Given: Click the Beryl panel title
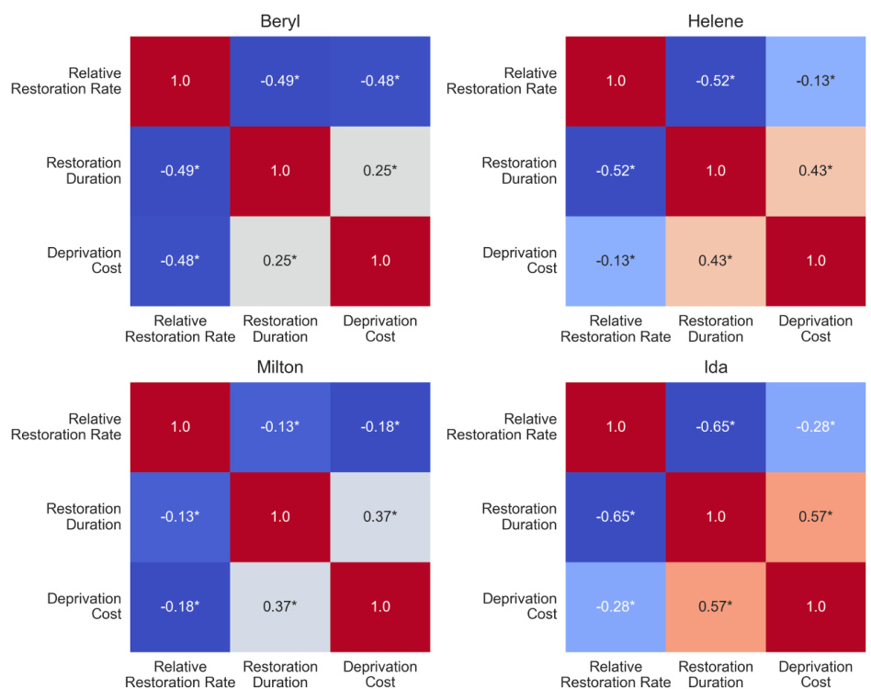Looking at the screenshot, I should tap(280, 21).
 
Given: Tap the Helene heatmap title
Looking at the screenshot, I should tap(715, 21).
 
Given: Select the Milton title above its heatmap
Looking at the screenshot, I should tap(280, 367).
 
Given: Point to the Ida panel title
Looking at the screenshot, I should tap(715, 367).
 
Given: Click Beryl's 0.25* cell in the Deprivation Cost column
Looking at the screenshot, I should tap(380, 171).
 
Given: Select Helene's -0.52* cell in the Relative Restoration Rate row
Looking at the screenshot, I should tap(715, 81).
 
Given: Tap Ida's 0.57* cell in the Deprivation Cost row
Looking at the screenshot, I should tap(715, 606).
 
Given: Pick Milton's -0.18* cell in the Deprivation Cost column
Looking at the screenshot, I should tap(380, 427).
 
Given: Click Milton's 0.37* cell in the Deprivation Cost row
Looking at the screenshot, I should tap(280, 606).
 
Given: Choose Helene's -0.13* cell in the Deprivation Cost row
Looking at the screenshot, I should tap(615, 261).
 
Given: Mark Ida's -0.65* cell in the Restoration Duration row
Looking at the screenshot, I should tap(615, 516).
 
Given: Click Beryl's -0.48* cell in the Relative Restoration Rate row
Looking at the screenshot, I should tap(380, 81).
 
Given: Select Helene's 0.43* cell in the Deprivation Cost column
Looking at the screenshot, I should tap(815, 171).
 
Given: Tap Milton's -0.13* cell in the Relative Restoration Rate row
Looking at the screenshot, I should tap(280, 427).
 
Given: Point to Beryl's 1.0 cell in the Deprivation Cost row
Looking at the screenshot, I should tap(380, 261).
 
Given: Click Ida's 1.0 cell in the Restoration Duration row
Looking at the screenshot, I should tap(715, 516).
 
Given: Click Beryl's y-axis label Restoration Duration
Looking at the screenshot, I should tap(84, 171).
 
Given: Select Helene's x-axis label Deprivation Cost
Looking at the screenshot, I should tap(815, 329).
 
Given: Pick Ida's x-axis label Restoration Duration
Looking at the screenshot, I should tap(715, 674).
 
